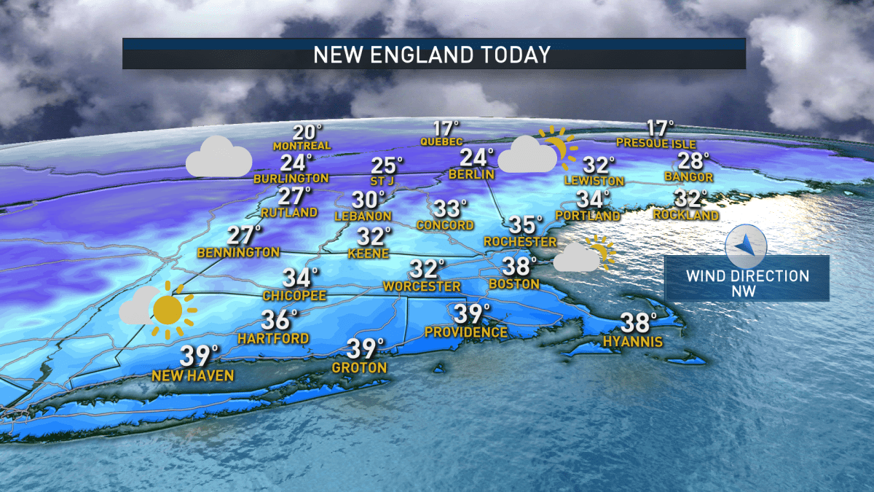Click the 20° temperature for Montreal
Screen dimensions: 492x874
click(x=307, y=133)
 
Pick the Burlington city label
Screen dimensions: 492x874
click(x=291, y=178)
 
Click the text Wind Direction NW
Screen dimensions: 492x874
click(x=747, y=284)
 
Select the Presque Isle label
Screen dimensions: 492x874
click(x=655, y=144)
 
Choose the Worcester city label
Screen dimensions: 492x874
click(x=422, y=286)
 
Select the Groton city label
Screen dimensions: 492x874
click(x=359, y=368)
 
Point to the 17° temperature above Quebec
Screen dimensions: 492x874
click(x=445, y=128)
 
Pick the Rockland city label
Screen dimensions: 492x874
click(x=686, y=215)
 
